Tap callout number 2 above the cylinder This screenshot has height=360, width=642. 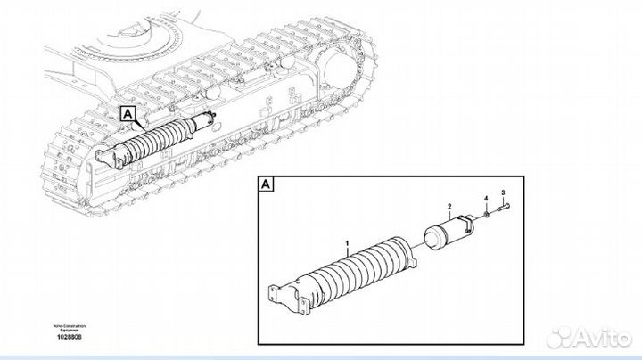(x=449, y=206)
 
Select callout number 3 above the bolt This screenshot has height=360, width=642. (x=503, y=193)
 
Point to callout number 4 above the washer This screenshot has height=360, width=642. (x=485, y=197)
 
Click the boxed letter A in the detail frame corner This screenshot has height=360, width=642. (x=266, y=185)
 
